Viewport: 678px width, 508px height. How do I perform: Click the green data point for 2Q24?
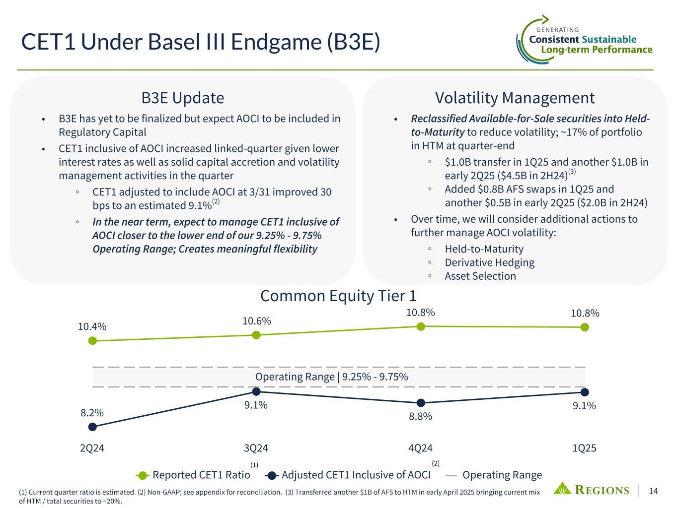[x=92, y=341]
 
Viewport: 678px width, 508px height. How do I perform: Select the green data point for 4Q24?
[x=421, y=326]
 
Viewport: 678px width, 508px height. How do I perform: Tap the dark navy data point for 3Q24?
[x=256, y=392]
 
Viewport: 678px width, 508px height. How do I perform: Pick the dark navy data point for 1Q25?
[x=585, y=392]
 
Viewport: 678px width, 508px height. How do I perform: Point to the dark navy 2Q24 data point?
[x=92, y=427]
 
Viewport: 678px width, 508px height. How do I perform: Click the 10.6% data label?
[x=256, y=321]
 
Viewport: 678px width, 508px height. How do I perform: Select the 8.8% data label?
[x=420, y=416]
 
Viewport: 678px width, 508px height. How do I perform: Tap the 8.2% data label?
[x=92, y=413]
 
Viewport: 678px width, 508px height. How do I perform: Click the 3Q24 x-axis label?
[x=256, y=448]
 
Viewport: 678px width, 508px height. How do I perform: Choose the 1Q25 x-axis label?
[x=584, y=448]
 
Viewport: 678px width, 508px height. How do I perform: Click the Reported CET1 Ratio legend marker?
[x=143, y=476]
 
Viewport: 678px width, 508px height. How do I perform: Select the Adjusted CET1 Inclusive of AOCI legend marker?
[x=272, y=476]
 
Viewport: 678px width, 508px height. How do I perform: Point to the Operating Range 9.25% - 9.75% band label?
[x=331, y=377]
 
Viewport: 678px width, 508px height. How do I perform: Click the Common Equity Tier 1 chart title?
[x=338, y=296]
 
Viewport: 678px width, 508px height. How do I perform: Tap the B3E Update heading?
[x=183, y=98]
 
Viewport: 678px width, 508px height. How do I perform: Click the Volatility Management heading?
[x=515, y=98]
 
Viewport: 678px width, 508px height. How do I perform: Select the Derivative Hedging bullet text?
[x=490, y=262]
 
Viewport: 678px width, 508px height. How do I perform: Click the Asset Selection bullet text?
[x=480, y=276]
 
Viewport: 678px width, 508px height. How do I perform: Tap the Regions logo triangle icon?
[x=562, y=488]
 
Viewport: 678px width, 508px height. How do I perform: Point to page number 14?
[x=653, y=491]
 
